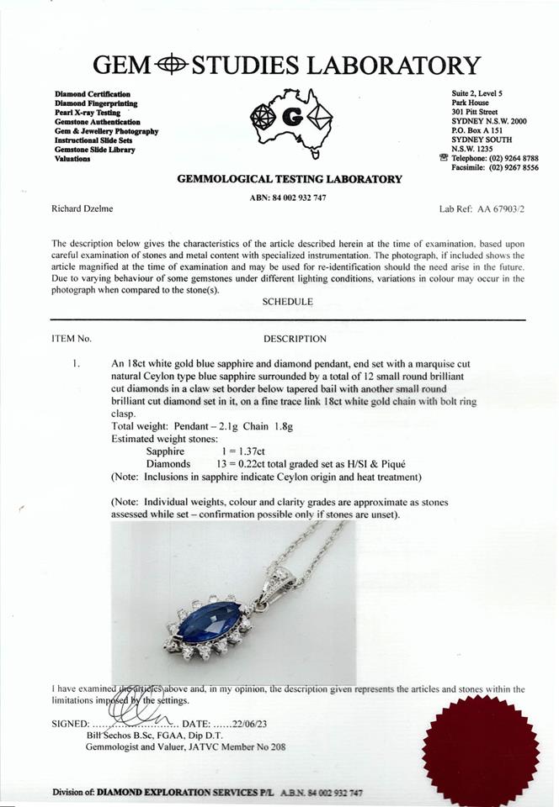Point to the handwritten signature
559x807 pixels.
click(135, 708)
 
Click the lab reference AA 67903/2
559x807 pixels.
click(496, 208)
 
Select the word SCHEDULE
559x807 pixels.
click(287, 302)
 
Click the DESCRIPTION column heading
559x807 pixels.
click(295, 339)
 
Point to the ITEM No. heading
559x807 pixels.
click(71, 339)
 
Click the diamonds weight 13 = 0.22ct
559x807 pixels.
click(243, 464)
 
